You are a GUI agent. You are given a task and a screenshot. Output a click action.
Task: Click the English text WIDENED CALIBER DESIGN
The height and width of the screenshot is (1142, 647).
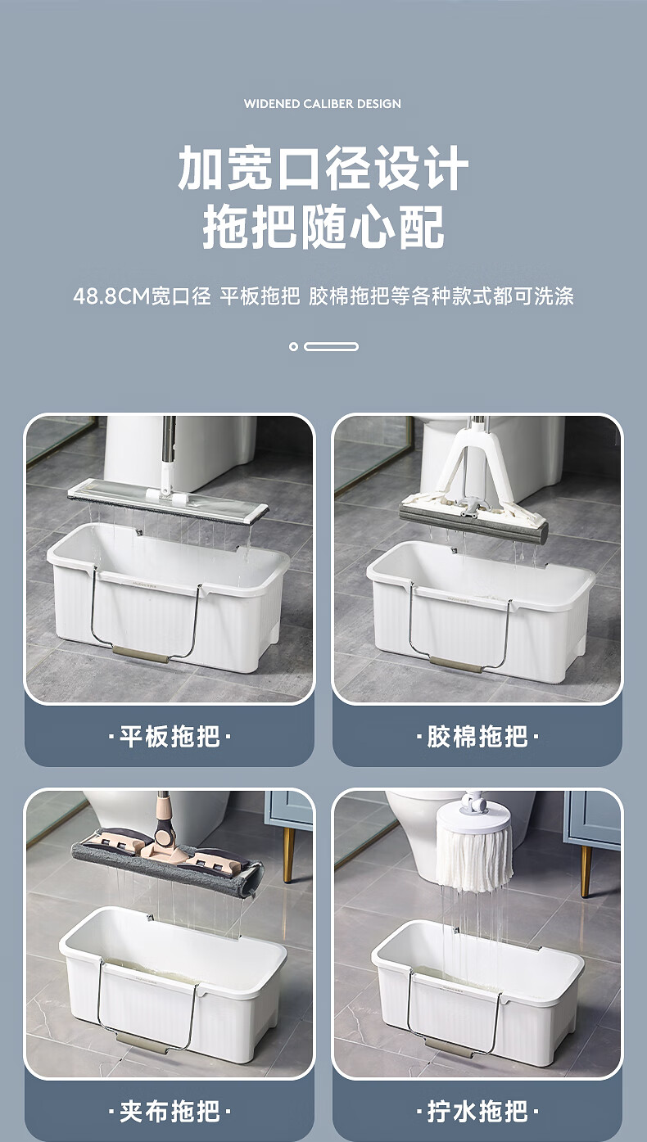pos(322,104)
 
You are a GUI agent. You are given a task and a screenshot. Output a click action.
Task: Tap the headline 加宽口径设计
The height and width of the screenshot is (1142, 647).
pos(323,168)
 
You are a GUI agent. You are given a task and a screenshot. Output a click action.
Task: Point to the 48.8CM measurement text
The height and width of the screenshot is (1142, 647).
pos(111,296)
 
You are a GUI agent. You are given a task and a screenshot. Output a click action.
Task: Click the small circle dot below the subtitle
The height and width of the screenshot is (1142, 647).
pos(293,346)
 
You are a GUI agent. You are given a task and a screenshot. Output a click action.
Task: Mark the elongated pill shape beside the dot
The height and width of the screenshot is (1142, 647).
pos(332,346)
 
